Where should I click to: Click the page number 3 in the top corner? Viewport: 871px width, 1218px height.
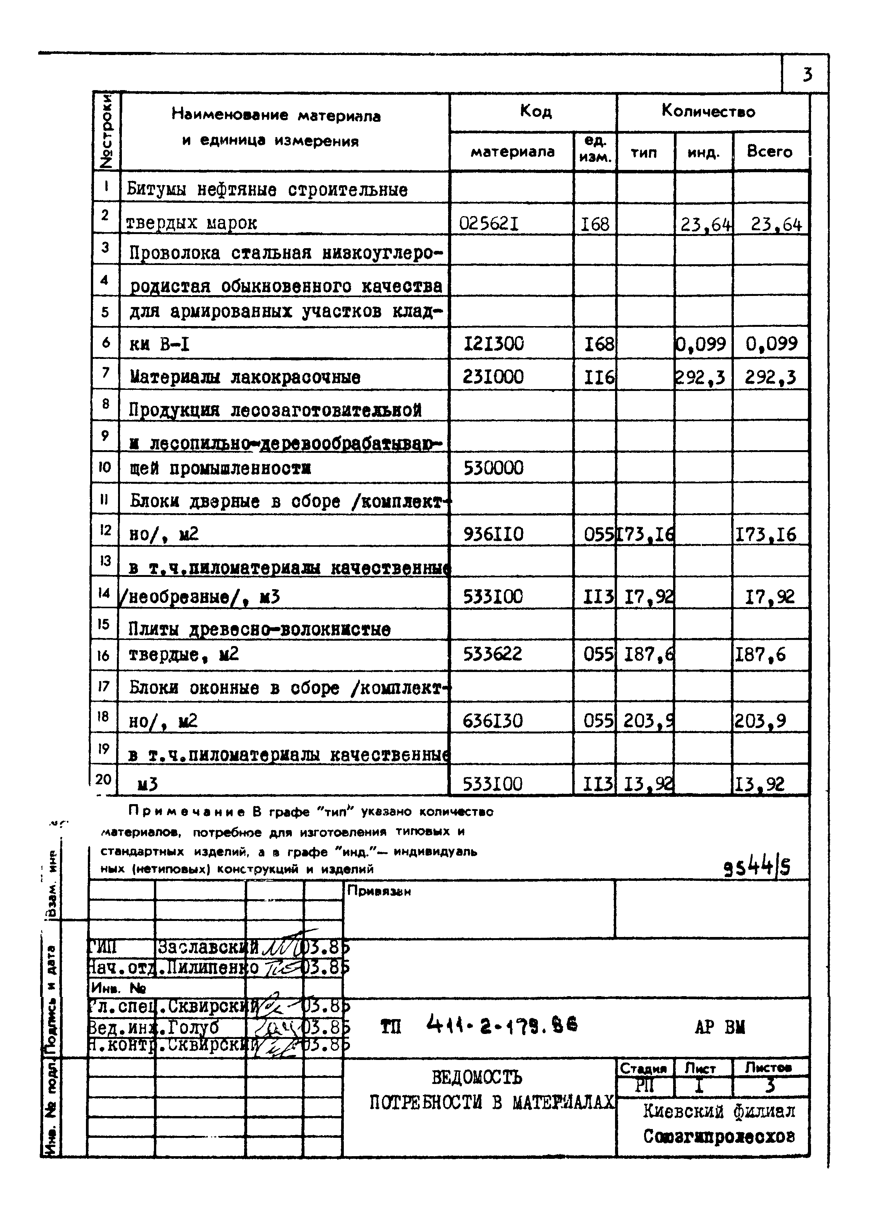(x=807, y=74)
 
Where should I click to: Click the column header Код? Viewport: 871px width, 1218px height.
(x=535, y=111)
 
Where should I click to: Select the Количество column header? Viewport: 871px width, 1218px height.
(x=708, y=111)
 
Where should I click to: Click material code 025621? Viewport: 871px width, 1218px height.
(x=489, y=223)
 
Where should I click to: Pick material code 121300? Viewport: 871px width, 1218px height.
(x=494, y=343)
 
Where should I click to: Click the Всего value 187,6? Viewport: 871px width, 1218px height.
(x=759, y=654)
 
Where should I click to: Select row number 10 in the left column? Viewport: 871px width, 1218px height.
(x=105, y=467)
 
